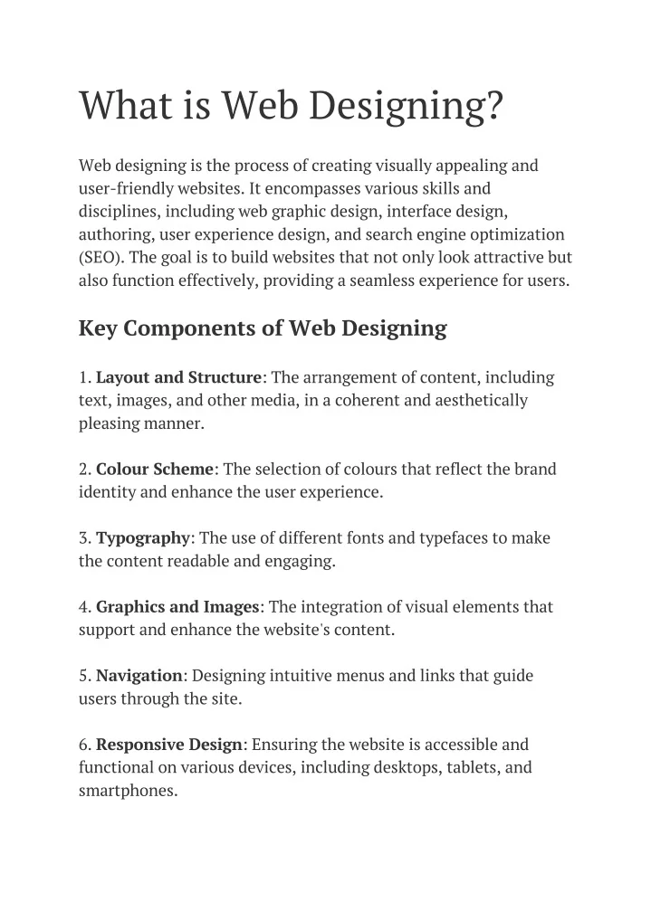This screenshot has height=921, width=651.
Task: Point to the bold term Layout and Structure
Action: click(x=179, y=377)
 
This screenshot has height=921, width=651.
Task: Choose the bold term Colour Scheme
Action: click(x=155, y=470)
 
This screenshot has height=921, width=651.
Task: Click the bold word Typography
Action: click(x=143, y=538)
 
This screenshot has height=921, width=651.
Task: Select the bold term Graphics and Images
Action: click(x=178, y=607)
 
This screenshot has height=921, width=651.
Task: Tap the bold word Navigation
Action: click(x=139, y=676)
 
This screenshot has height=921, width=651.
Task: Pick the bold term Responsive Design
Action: click(x=169, y=745)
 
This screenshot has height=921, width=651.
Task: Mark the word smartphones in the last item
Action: click(x=127, y=791)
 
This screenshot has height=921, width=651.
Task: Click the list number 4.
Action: click(x=83, y=607)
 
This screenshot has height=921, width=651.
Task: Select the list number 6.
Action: click(x=83, y=745)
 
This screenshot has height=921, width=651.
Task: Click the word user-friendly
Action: click(x=126, y=188)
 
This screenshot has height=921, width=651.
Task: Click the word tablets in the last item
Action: click(x=471, y=767)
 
